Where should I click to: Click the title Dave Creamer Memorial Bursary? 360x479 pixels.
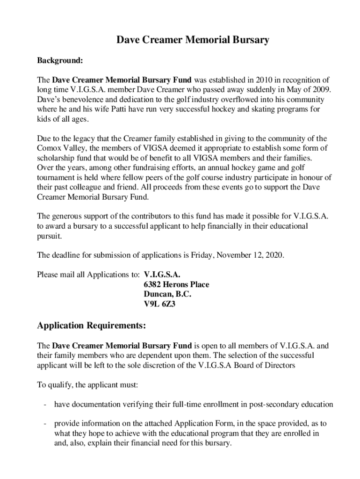pos(193,40)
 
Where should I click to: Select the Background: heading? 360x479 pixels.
pos(60,60)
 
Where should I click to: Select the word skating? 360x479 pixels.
pos(256,109)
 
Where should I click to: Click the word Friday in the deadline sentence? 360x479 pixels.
pos(202,255)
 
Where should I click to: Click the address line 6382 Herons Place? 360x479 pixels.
pos(176,284)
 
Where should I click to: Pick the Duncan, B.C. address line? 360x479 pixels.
pos(167,294)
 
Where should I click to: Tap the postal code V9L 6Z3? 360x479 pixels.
pos(159,305)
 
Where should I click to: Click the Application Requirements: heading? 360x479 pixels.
pos(92,325)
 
